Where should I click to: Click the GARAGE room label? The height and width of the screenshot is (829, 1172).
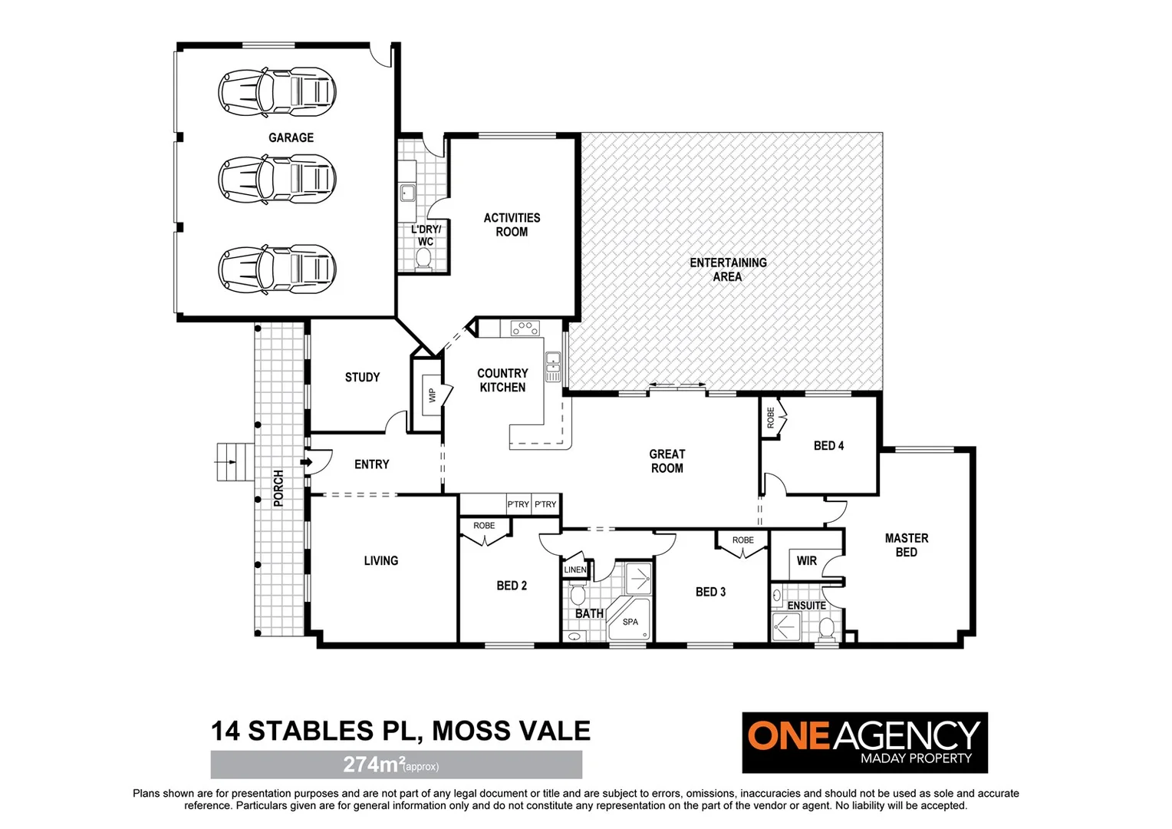291,138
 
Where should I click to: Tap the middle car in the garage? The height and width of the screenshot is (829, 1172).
277,178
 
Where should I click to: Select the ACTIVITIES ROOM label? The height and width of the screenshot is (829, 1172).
512,225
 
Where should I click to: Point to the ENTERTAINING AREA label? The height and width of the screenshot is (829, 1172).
728,269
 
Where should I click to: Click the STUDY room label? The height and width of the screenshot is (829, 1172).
362,378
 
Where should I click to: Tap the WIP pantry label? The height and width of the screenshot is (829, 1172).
432,395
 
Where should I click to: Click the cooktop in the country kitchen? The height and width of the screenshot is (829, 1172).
525,329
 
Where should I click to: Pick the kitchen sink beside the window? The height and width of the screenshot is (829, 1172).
552,366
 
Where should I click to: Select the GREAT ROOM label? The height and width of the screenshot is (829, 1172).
667,461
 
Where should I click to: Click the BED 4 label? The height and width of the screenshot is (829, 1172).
828,446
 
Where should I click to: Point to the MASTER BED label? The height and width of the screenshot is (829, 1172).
906,545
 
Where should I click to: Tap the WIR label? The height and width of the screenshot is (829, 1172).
806,561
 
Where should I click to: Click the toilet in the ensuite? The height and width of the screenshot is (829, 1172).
826,629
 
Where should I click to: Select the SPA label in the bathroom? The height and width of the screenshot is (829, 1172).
630,622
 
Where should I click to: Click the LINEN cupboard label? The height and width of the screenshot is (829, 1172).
574,570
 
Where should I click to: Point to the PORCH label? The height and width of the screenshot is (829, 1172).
278,489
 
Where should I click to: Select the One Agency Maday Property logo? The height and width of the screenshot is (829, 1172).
864,742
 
